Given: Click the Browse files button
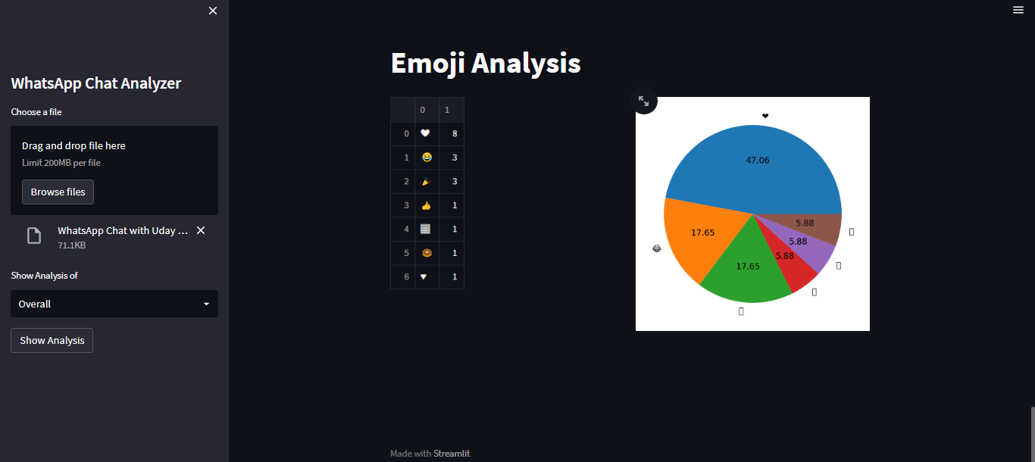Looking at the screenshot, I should tap(58, 192).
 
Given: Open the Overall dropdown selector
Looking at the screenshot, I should tap(114, 304).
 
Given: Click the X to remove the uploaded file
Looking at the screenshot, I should tap(201, 230).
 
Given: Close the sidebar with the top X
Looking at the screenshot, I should tap(213, 11).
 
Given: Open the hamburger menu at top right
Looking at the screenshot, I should tap(1018, 10).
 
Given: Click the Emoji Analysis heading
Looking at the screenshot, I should tap(486, 64).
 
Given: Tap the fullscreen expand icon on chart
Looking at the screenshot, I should tap(643, 101).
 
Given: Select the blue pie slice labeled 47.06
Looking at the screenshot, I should tap(758, 163).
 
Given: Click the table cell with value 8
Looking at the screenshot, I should tap(454, 133).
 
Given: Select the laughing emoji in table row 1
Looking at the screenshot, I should tap(427, 158).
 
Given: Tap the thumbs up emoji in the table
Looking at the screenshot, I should tap(427, 205).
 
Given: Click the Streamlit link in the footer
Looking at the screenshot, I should tap(452, 454).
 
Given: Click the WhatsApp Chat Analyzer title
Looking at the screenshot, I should tap(96, 83).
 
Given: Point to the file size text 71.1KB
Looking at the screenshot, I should tap(71, 245).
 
